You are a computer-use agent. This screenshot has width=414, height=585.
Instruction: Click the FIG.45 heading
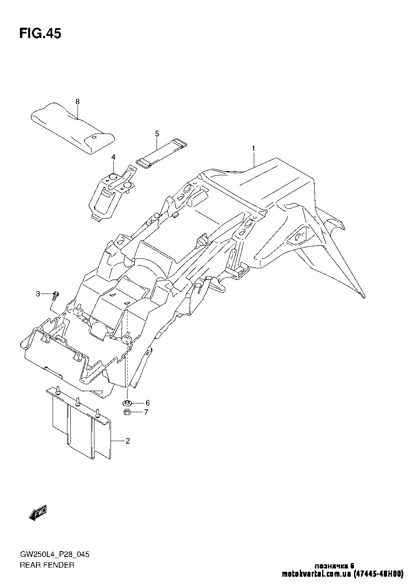tap(40, 33)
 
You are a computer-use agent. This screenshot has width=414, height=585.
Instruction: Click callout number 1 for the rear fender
tap(253, 148)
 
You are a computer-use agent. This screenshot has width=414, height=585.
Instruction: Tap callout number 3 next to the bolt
tap(38, 294)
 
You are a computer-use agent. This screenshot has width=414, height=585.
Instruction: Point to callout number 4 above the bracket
tap(113, 157)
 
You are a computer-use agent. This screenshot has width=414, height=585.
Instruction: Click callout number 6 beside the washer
tap(147, 403)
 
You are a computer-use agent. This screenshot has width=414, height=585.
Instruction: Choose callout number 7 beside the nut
tap(146, 412)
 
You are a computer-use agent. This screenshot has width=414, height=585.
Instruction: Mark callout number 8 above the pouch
tap(77, 102)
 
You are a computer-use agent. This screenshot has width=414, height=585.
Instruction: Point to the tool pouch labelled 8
tap(73, 129)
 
